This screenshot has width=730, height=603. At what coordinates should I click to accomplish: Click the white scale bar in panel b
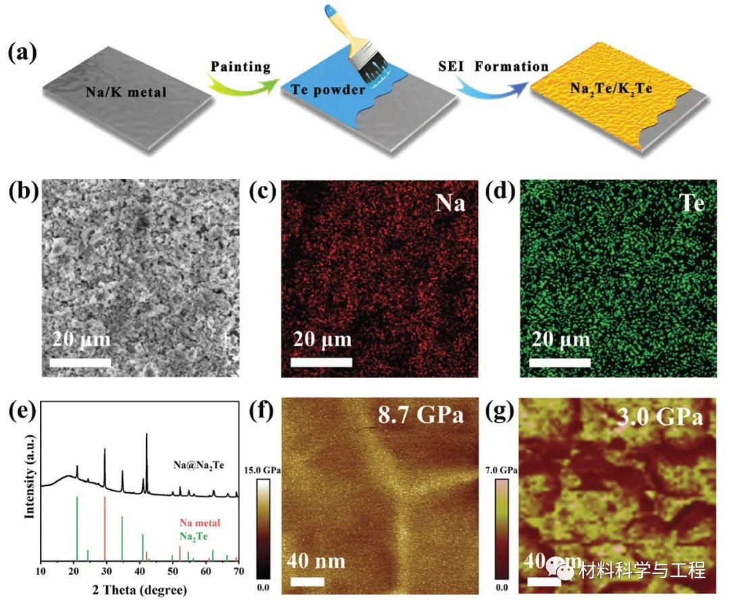click(80, 363)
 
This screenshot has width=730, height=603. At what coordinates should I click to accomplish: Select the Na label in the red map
click(452, 203)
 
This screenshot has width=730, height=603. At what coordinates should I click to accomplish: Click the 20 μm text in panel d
click(560, 338)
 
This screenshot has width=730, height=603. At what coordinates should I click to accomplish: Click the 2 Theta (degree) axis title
click(141, 589)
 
